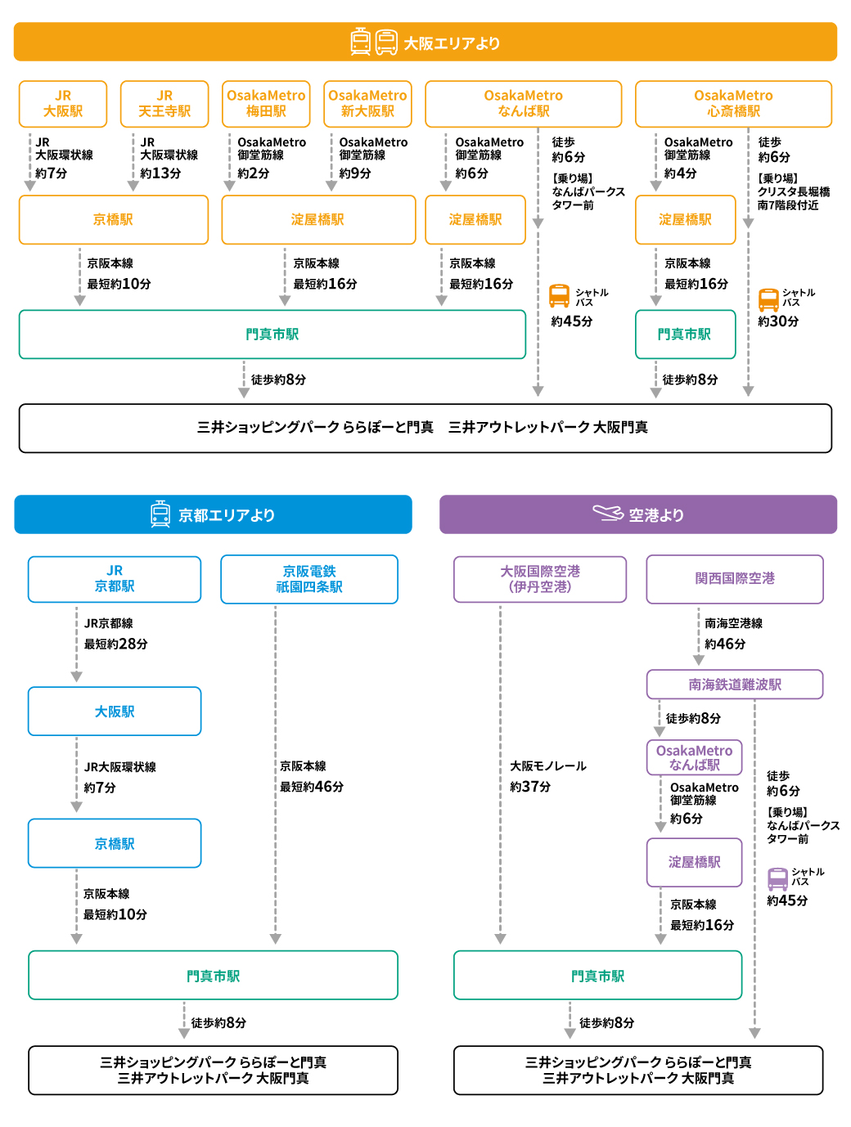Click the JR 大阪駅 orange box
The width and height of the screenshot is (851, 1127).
point(63,104)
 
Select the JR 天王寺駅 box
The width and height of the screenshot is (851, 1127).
point(164,104)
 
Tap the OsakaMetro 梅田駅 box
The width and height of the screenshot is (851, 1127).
point(266,104)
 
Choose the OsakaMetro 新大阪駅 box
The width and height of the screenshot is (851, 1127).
point(367,104)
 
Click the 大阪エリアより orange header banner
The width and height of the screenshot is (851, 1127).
point(425,43)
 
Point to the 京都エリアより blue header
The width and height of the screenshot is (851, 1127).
point(213,515)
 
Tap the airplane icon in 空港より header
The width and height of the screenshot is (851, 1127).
point(608,513)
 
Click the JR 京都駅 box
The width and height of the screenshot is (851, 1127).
point(115,579)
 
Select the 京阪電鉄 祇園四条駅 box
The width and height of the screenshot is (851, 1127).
point(309,579)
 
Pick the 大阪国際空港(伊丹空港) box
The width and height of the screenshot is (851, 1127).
point(540,579)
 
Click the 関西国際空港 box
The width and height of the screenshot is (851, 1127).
point(735,579)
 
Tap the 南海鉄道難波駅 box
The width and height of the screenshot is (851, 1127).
point(735,685)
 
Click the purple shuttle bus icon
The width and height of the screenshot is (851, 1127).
point(778,878)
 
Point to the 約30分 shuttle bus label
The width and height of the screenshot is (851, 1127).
point(778,321)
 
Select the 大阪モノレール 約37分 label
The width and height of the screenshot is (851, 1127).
point(547,776)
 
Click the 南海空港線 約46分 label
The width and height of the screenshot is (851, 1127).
point(732,634)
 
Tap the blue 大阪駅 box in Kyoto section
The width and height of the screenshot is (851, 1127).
point(115,712)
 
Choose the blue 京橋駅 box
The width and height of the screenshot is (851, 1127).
point(115,843)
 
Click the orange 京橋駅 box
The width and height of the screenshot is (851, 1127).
point(114,220)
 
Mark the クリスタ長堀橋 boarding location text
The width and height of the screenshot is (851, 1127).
point(793,192)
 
